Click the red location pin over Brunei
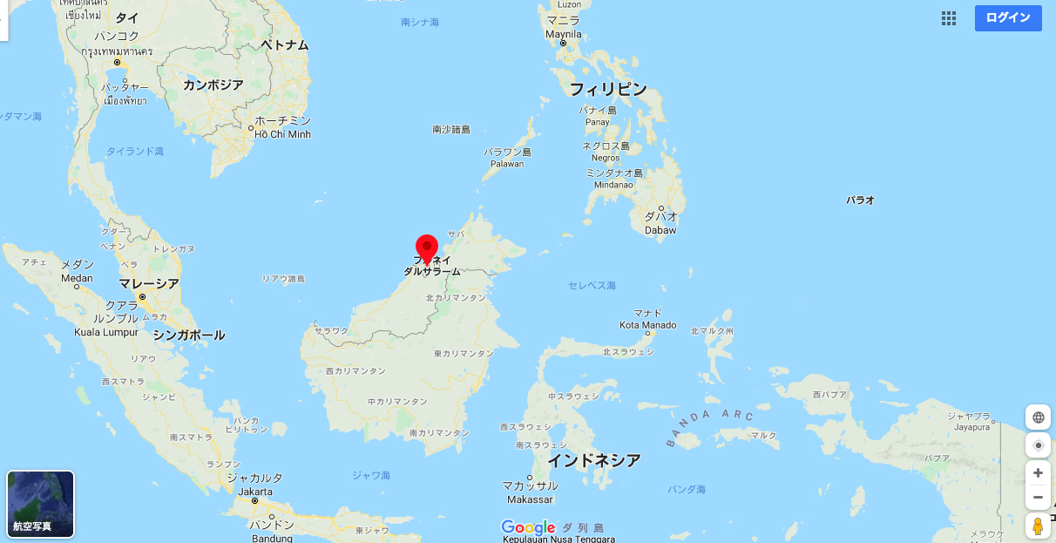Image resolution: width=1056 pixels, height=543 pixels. [426, 248]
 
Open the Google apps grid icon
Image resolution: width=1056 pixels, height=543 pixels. [949, 18]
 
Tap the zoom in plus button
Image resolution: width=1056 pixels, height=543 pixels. [1038, 473]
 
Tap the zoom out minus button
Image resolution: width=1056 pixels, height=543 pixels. [1038, 498]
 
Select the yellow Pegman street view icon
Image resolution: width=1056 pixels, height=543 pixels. [1038, 526]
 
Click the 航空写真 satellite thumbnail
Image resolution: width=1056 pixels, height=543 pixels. [40, 504]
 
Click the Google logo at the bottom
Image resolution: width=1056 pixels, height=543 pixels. [528, 527]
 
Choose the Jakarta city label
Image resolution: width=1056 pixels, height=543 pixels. [254, 492]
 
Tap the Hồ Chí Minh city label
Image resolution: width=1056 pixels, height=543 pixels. [282, 134]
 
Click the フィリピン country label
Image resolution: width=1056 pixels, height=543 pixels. [608, 89]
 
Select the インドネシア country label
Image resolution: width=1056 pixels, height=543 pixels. [593, 460]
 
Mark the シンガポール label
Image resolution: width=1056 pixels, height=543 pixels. [188, 335]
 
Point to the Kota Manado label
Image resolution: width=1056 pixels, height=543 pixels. [647, 325]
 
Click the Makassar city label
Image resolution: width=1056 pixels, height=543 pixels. [529, 499]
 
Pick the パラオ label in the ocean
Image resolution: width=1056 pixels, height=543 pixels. [860, 200]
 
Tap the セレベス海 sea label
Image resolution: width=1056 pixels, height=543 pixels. [592, 285]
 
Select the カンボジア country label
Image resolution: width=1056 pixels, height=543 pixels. [213, 85]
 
